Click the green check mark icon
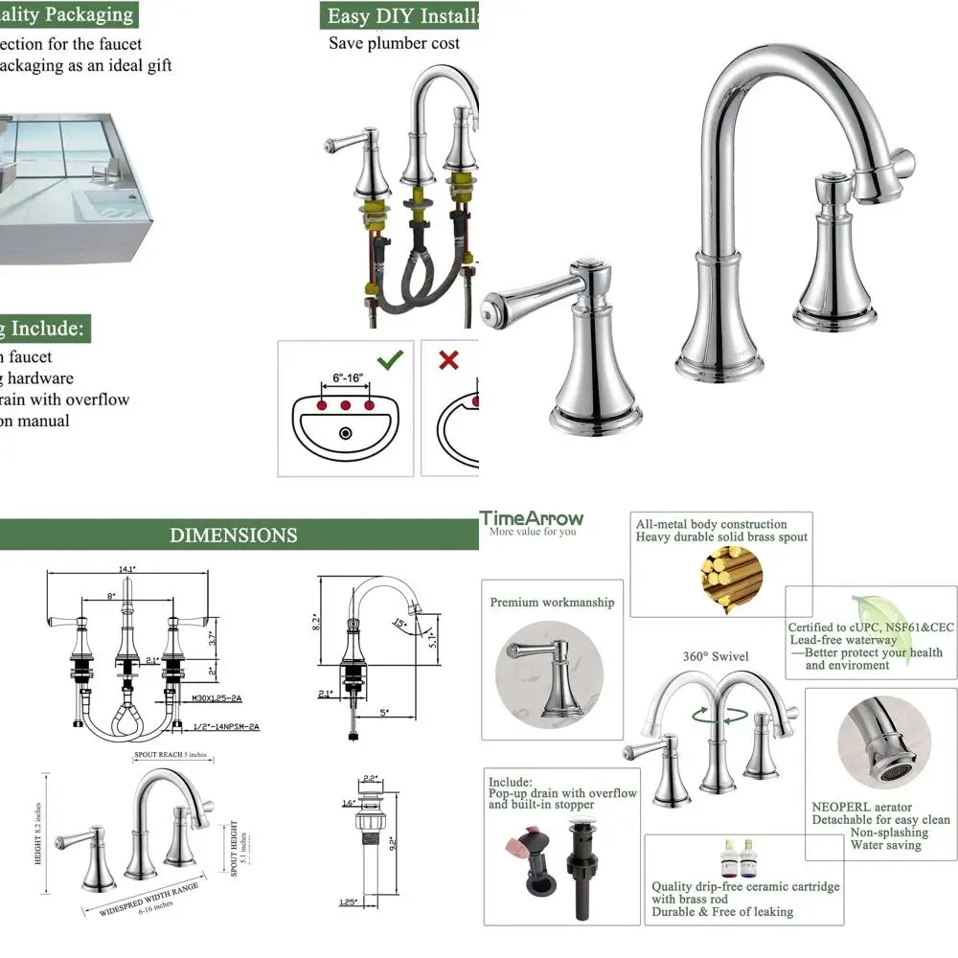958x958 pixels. (390, 361)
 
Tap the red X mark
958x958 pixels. (447, 361)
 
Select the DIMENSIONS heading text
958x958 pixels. (234, 536)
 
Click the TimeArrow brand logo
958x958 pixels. (533, 518)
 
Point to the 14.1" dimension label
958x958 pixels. (125, 569)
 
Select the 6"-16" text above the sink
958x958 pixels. (346, 377)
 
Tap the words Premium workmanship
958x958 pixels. (552, 603)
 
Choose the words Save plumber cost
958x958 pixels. (394, 43)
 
